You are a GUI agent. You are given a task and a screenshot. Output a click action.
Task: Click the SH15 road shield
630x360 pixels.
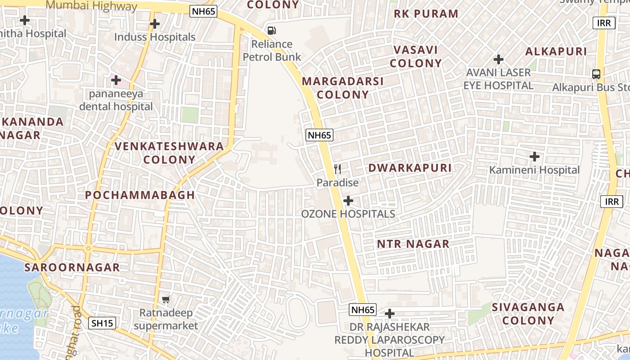103,323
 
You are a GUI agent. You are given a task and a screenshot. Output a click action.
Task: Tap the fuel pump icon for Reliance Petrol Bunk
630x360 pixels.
272,31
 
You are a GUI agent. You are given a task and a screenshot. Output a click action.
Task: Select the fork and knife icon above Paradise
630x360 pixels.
337,169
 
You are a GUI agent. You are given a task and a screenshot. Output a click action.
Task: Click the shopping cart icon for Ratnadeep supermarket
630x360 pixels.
166,299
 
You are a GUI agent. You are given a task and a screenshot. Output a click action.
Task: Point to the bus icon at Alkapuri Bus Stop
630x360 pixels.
596,74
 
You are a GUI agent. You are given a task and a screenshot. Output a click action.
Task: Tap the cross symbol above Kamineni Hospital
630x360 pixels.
535,157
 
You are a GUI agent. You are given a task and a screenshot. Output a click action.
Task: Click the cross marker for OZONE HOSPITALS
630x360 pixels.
348,201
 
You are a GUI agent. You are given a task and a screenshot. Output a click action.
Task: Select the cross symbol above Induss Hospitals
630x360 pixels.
155,23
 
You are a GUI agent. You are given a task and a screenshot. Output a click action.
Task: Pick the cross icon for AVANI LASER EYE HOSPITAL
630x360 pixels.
499,59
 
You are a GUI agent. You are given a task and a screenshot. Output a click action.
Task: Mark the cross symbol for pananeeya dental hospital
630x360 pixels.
116,81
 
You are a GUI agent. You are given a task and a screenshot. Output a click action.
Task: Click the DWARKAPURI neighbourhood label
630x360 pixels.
410,168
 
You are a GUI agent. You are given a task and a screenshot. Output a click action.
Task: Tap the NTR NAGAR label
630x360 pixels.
413,244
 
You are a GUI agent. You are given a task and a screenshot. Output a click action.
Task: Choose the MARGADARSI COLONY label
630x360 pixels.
342,88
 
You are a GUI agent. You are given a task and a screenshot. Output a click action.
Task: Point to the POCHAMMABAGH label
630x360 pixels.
140,195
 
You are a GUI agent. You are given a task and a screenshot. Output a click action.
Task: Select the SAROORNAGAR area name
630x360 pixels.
72,267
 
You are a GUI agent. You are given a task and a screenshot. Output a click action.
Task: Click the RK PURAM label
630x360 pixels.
426,14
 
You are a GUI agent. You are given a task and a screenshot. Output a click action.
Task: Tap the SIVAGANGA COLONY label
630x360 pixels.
528,314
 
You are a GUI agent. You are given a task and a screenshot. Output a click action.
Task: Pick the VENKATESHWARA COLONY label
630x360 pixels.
169,153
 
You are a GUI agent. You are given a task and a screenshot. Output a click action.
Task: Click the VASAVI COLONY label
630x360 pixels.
416,56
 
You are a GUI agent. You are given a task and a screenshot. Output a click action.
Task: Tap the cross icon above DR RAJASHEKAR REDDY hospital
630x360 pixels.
390,313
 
